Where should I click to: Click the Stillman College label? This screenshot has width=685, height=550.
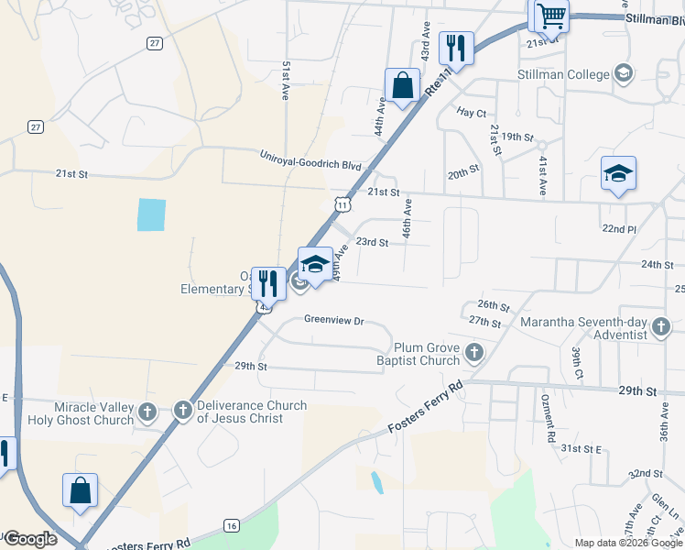[562, 74]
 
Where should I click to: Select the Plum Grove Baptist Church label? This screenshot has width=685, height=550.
[426, 354]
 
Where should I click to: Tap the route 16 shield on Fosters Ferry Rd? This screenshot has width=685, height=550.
[231, 525]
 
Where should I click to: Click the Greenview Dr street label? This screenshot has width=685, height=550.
[334, 322]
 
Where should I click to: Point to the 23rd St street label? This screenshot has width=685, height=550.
[373, 243]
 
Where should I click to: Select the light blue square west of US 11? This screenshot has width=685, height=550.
[152, 214]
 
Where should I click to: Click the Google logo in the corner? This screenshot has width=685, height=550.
[29, 539]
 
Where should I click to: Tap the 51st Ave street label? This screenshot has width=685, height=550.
[286, 82]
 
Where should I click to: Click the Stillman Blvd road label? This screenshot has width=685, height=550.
[654, 18]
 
